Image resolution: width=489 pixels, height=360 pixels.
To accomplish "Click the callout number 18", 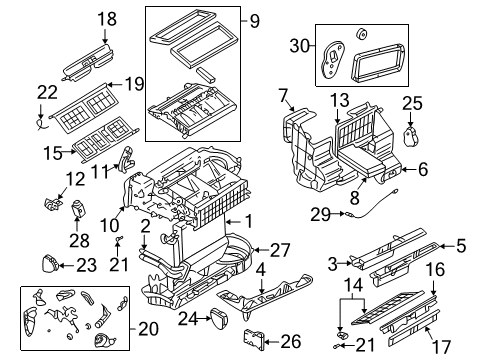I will pos(106,17).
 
